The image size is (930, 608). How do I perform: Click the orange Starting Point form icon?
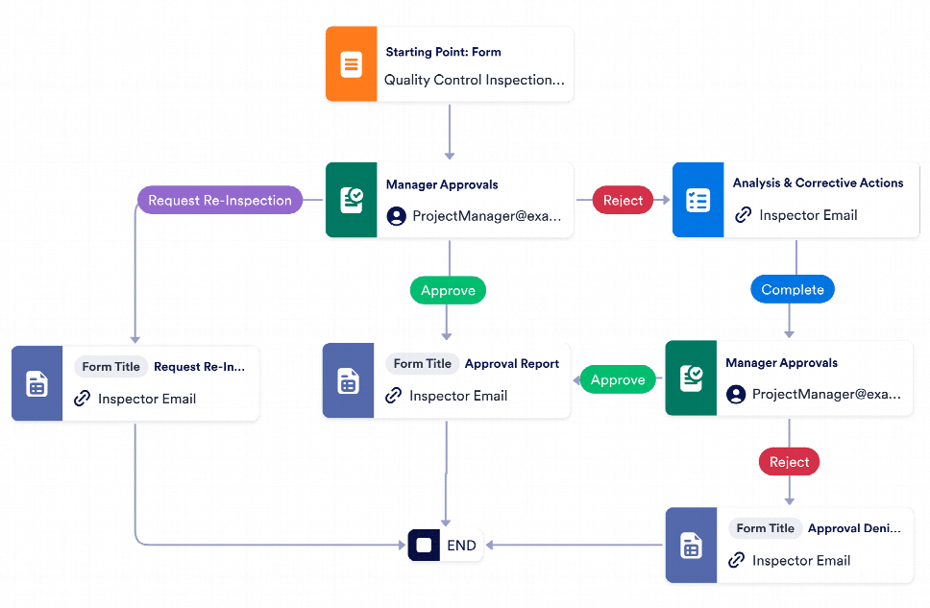click(351, 65)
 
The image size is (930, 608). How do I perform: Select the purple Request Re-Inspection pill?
click(219, 201)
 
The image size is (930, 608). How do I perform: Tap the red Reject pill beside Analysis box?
click(623, 201)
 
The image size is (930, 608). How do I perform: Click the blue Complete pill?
click(793, 289)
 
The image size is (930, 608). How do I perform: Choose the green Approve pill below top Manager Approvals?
click(449, 290)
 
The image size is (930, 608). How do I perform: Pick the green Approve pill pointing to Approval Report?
click(618, 379)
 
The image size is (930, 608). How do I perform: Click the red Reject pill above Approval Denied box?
click(789, 462)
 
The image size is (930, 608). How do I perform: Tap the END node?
click(447, 546)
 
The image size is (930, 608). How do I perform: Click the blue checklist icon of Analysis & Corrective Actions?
click(697, 201)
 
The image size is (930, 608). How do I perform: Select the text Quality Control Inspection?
click(474, 80)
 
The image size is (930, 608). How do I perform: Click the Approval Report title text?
click(511, 364)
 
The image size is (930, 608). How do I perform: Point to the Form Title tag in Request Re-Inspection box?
click(110, 367)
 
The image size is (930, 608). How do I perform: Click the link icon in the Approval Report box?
click(393, 396)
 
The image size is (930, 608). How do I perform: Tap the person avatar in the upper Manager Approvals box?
click(396, 216)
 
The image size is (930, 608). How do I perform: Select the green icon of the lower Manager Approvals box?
click(691, 377)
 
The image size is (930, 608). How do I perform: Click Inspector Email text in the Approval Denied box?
click(800, 560)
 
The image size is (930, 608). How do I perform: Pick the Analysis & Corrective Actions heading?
click(818, 182)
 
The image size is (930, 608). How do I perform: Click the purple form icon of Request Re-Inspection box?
click(37, 384)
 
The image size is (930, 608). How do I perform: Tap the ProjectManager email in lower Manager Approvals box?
click(826, 394)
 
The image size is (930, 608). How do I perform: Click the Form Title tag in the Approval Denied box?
click(765, 528)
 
